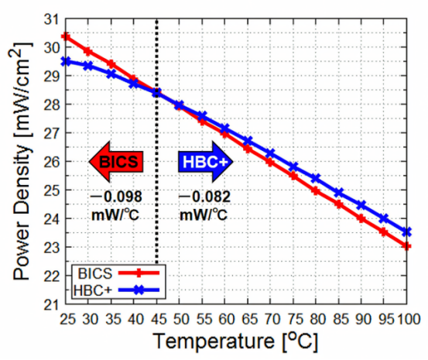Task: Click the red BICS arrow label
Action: pyautogui.click(x=117, y=161)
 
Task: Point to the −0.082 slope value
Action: pyautogui.click(x=204, y=196)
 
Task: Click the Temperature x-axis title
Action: pyautogui.click(x=235, y=341)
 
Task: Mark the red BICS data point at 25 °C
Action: pyautogui.click(x=67, y=36)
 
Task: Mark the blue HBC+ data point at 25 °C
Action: pyautogui.click(x=67, y=61)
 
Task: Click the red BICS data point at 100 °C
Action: pyautogui.click(x=407, y=246)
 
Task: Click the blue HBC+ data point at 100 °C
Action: pyautogui.click(x=407, y=231)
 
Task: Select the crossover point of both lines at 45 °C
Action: pyautogui.click(x=157, y=93)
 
